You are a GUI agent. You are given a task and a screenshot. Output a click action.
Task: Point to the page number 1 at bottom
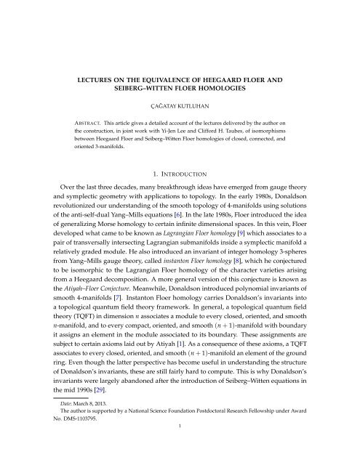[x=180, y=450]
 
